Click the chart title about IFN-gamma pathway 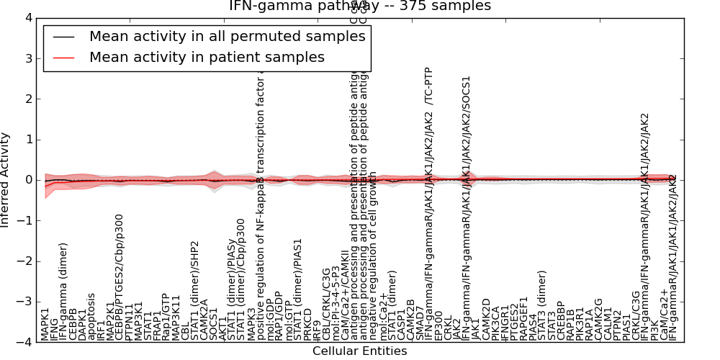coord(360,6)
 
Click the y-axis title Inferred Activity coord(6,180)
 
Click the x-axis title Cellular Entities coord(359,351)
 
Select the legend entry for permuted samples coord(207,37)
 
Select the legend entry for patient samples coord(207,58)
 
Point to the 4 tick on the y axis coord(27,17)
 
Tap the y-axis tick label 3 coord(27,58)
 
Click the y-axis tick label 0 coord(27,180)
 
